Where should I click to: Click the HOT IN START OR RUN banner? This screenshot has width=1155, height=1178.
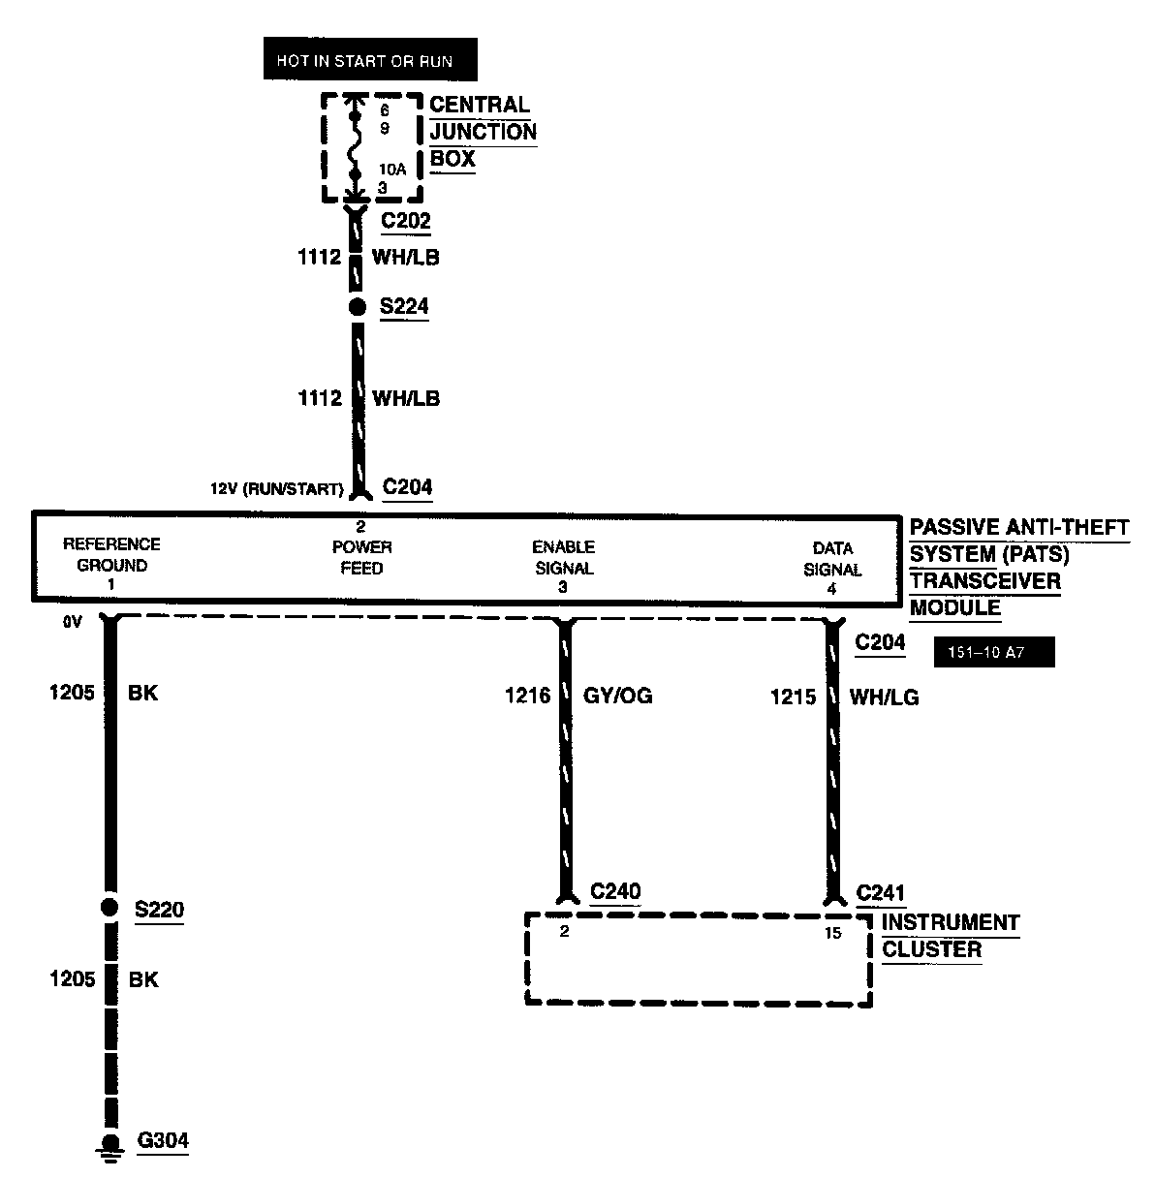[370, 60]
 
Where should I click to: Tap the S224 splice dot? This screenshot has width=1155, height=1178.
[357, 307]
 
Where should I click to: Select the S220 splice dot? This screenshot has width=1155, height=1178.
[109, 908]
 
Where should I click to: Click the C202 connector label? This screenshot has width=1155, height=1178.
[405, 221]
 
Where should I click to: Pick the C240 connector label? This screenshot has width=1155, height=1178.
[615, 891]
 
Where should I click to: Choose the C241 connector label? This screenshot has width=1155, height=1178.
[880, 893]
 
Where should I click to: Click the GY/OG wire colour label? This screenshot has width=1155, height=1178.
[617, 696]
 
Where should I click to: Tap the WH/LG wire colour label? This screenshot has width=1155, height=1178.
[884, 697]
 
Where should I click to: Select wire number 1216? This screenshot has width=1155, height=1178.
[527, 696]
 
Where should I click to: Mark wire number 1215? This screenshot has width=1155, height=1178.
[793, 697]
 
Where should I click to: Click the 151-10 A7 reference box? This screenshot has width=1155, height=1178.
[993, 653]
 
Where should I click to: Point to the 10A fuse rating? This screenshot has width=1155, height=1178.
[392, 169]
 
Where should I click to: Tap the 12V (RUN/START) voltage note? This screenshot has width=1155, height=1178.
[277, 489]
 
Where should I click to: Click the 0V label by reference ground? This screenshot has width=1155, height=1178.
[73, 623]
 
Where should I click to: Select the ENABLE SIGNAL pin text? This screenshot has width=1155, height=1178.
[563, 558]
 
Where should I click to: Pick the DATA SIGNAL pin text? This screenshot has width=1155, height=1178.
[832, 560]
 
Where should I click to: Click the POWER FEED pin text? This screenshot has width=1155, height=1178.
[361, 558]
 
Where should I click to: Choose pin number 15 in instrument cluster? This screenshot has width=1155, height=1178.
[832, 933]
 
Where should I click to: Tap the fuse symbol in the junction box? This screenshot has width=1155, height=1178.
[355, 145]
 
